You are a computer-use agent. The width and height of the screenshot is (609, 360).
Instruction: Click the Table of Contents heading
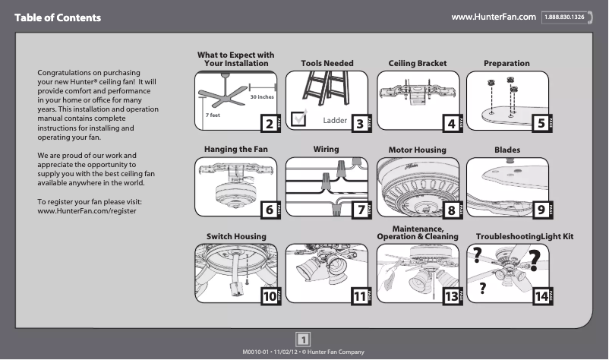(57, 17)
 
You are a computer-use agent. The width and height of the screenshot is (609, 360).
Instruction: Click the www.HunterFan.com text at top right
(494, 17)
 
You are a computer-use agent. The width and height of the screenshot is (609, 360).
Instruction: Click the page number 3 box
(357, 122)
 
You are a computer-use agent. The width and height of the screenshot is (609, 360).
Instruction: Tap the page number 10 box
(269, 297)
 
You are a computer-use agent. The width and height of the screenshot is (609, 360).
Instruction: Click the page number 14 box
(541, 297)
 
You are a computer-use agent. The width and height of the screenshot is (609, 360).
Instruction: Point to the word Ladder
(335, 121)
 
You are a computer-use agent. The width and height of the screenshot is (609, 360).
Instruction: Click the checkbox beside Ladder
(299, 117)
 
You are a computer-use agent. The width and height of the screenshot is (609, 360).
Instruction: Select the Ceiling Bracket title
(417, 63)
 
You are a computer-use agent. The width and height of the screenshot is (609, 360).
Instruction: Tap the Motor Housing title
(417, 150)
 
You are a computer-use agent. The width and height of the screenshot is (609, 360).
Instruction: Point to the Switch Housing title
(236, 237)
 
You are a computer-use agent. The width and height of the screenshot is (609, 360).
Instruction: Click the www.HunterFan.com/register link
(87, 210)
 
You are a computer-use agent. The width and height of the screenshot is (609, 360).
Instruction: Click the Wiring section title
(326, 149)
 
